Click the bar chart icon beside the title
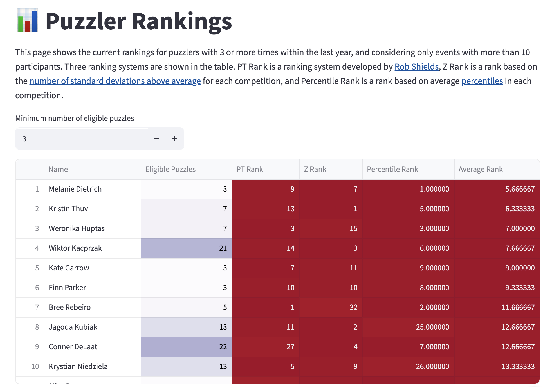pyautogui.click(x=27, y=20)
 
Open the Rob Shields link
pyautogui.click(x=416, y=67)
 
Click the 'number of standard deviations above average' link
pyautogui.click(x=115, y=81)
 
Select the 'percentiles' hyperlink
pyautogui.click(x=482, y=81)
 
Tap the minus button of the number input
pyautogui.click(x=157, y=139)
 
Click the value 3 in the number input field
pyautogui.click(x=24, y=139)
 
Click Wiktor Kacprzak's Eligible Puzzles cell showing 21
pyautogui.click(x=186, y=248)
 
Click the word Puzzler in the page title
pyautogui.click(x=86, y=21)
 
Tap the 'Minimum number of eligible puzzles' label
pyautogui.click(x=75, y=118)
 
